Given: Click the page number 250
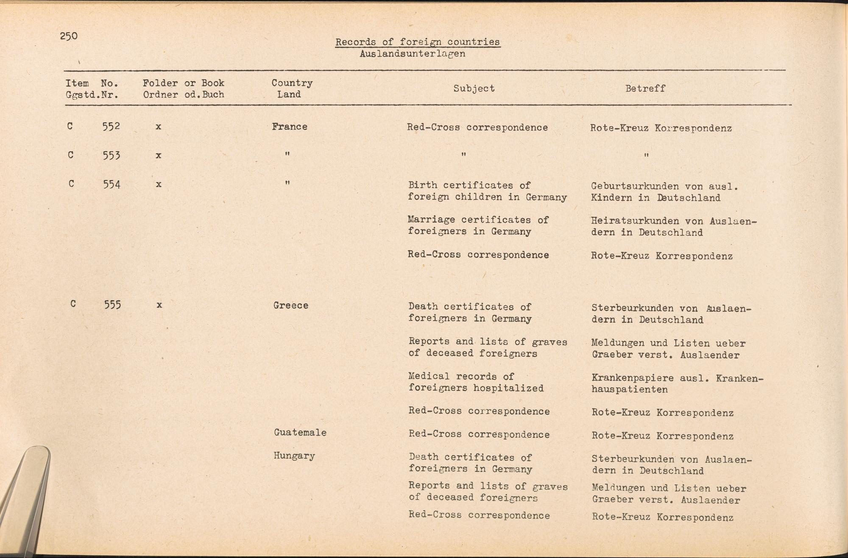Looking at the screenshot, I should (69, 36).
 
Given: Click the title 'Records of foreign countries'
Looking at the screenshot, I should (417, 42).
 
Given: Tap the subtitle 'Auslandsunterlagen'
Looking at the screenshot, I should (412, 54).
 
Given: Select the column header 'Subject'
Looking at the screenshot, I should (474, 89).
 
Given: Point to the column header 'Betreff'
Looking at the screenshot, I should (645, 89).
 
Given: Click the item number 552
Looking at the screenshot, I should (111, 126).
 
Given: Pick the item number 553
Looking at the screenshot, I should (112, 155).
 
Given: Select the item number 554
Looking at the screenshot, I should (112, 184).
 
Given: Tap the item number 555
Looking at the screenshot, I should (112, 305).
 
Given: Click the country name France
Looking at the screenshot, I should (290, 127).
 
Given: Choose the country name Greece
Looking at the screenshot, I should (291, 305).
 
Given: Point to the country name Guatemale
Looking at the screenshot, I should (300, 433).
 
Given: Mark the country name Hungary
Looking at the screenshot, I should (294, 456).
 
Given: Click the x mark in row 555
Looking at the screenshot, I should (159, 305).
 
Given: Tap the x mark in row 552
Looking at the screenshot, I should (158, 126).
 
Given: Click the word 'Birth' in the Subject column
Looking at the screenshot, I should (422, 185).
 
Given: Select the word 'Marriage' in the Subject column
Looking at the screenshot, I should (431, 220).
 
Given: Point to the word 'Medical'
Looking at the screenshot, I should (429, 376).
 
